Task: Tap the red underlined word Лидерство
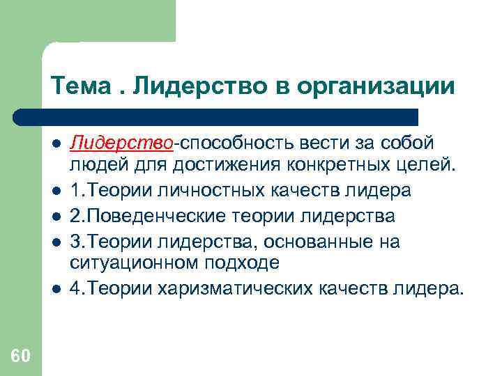pyautogui.click(x=121, y=143)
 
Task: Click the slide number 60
pyautogui.click(x=20, y=357)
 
